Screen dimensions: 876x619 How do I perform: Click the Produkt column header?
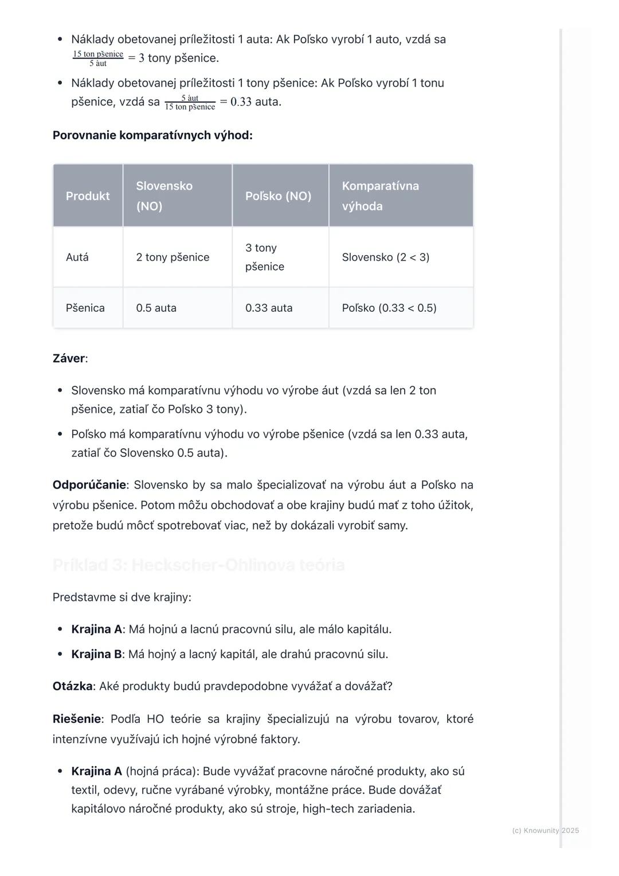(x=88, y=196)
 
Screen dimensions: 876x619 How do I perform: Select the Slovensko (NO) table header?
(x=164, y=195)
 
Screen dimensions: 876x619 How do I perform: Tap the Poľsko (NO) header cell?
(x=278, y=196)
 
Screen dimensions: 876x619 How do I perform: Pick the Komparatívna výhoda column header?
(x=380, y=195)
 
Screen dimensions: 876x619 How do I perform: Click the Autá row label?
(x=77, y=257)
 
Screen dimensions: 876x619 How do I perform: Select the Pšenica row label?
(x=85, y=308)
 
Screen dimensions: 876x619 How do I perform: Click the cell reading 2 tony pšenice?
(x=173, y=257)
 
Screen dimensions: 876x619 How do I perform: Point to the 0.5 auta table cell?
(x=156, y=308)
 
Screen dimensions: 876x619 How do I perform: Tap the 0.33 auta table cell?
(x=269, y=308)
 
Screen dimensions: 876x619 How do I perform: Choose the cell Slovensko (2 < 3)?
(x=385, y=257)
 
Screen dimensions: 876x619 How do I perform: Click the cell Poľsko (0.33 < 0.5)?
(x=389, y=308)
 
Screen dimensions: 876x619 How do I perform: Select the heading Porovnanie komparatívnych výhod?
(x=152, y=135)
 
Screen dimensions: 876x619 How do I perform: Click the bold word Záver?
(x=69, y=359)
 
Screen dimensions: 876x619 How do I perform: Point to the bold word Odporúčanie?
(x=89, y=485)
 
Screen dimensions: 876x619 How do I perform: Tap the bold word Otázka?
(x=72, y=686)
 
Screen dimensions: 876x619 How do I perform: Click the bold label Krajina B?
(x=96, y=654)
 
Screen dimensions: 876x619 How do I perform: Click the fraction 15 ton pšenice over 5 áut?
(x=98, y=58)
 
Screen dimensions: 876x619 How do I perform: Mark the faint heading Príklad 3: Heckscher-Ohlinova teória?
(x=198, y=565)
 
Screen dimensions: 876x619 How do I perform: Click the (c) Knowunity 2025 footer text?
(x=545, y=830)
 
